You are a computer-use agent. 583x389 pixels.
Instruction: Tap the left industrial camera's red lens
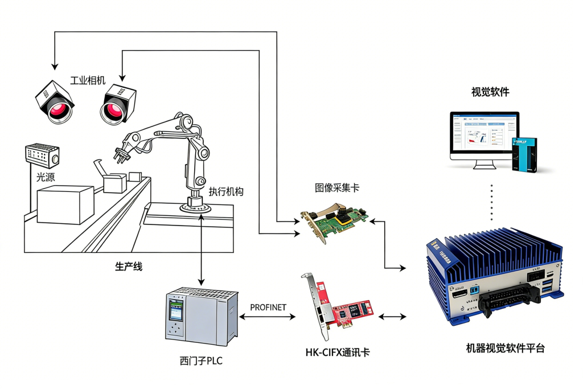point(58,110)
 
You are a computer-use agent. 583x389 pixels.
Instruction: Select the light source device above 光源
point(42,155)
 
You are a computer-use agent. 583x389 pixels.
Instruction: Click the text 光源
point(46,177)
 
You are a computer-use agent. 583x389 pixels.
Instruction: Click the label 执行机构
point(226,192)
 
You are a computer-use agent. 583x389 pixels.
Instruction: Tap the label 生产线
point(129,267)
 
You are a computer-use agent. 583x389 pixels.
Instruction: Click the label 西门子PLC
point(200,361)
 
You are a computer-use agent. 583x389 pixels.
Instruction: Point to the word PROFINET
point(268,308)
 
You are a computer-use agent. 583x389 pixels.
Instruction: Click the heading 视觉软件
point(490,92)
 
